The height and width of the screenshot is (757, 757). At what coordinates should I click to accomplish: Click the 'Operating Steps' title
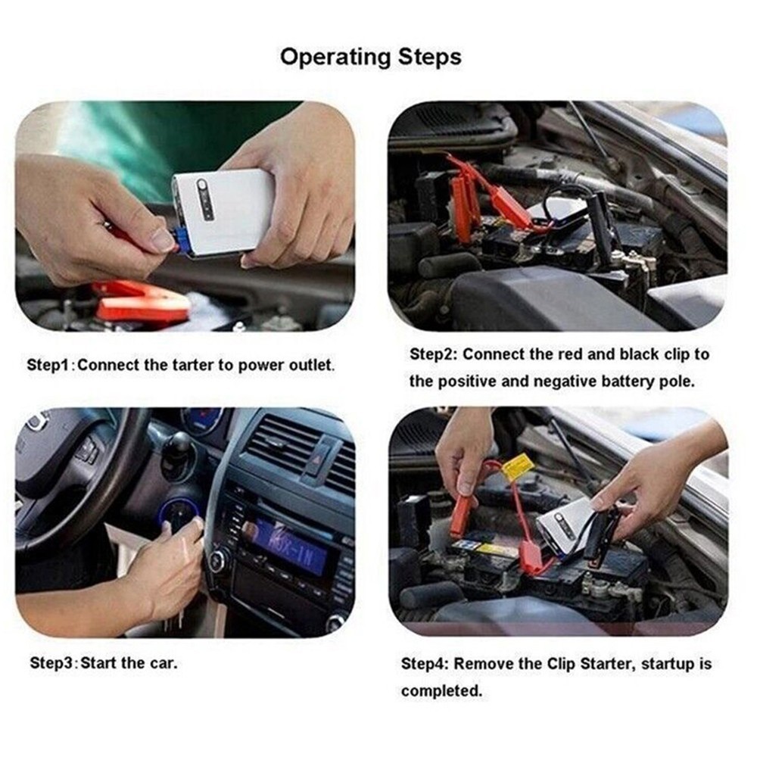click(370, 57)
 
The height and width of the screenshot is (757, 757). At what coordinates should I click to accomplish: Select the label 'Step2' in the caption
click(433, 354)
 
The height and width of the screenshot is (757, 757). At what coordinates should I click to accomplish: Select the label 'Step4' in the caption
click(424, 664)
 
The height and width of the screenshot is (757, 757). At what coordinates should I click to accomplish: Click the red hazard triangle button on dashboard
click(319, 456)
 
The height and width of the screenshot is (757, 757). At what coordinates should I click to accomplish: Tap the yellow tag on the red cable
click(517, 467)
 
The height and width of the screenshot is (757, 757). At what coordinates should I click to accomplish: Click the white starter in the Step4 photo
click(565, 524)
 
